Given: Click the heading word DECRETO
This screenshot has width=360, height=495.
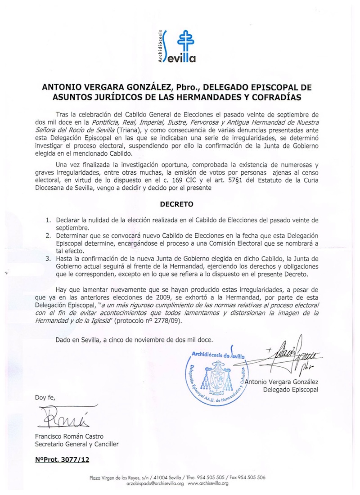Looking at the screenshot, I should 177,204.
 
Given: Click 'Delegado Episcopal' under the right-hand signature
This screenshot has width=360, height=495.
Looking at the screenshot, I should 291,389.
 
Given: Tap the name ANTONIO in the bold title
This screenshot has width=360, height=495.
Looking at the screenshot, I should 62,86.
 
